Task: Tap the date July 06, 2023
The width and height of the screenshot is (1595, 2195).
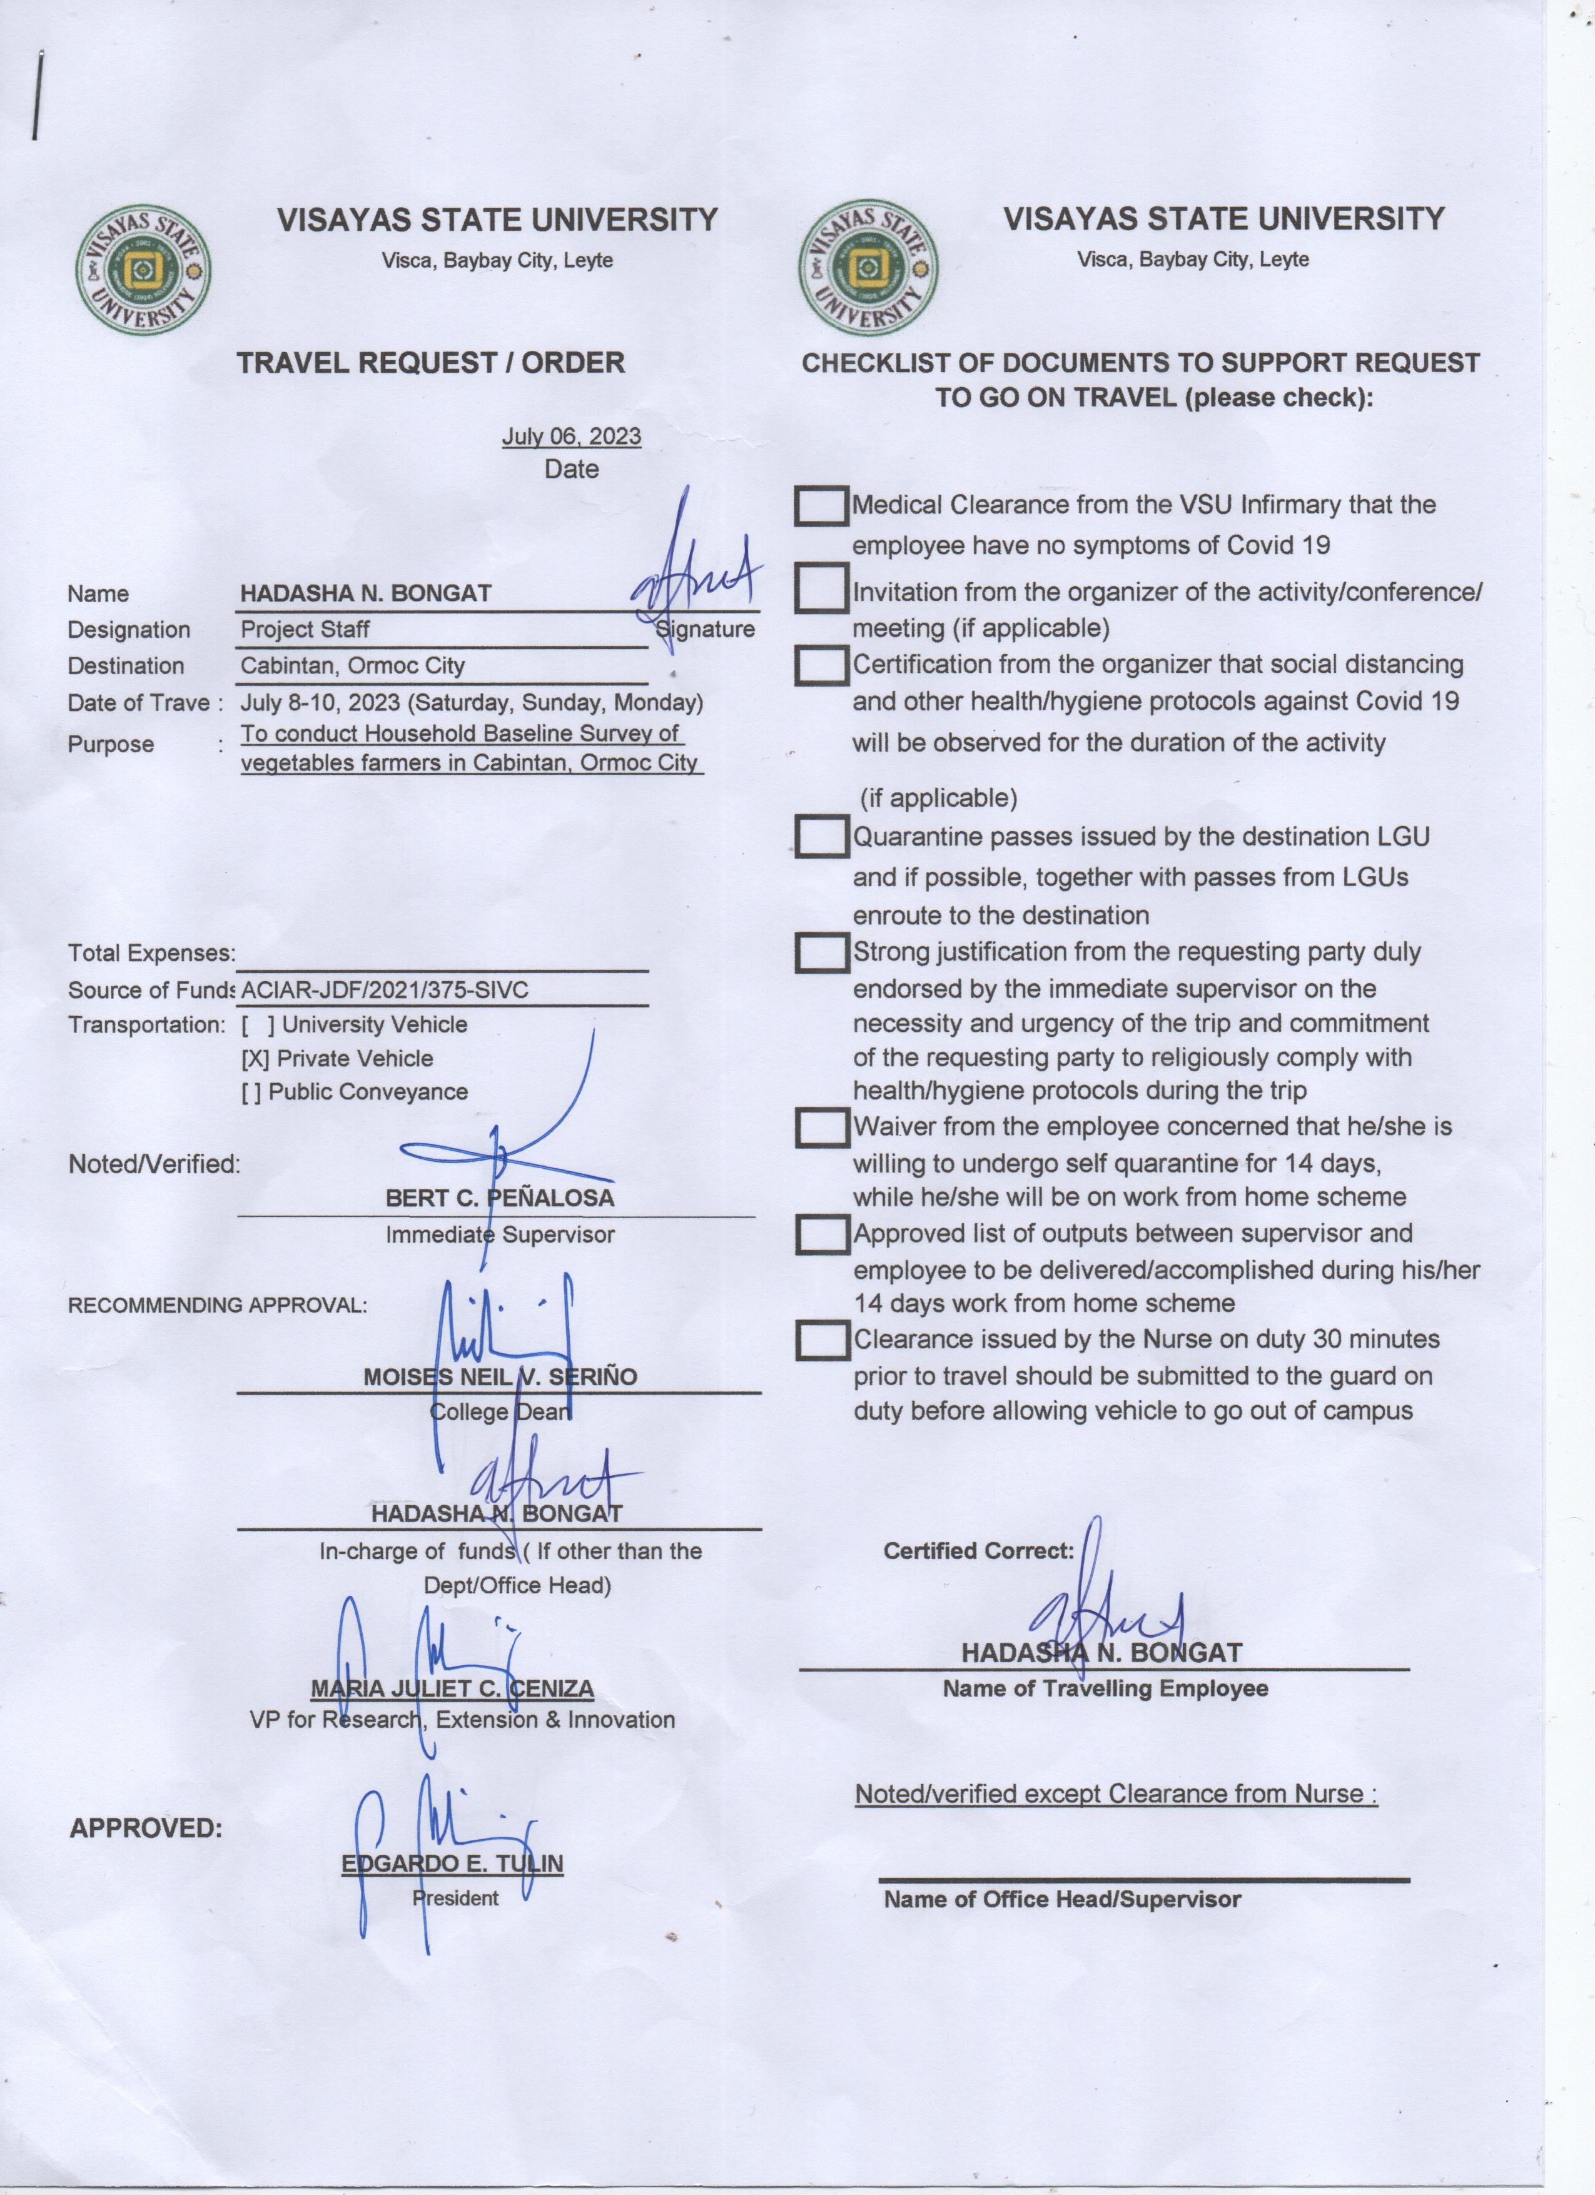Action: (571, 436)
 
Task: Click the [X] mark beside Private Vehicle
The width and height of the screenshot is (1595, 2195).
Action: (255, 1059)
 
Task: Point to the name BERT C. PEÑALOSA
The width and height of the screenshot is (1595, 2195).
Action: (499, 1198)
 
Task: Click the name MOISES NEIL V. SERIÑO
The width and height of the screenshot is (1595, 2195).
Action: (499, 1377)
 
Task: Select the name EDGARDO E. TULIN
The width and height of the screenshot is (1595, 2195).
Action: (452, 1864)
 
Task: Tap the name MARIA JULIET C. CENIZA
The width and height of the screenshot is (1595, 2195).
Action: (452, 1689)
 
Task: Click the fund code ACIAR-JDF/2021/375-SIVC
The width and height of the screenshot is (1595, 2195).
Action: (384, 990)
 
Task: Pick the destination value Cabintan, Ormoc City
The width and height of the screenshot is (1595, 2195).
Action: (352, 666)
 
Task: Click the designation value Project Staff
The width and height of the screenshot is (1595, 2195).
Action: (305, 629)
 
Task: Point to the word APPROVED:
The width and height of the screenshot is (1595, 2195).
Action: (145, 1828)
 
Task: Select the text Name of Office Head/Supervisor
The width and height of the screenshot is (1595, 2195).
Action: (1061, 1900)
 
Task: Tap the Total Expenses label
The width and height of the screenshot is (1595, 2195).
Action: (151, 953)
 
